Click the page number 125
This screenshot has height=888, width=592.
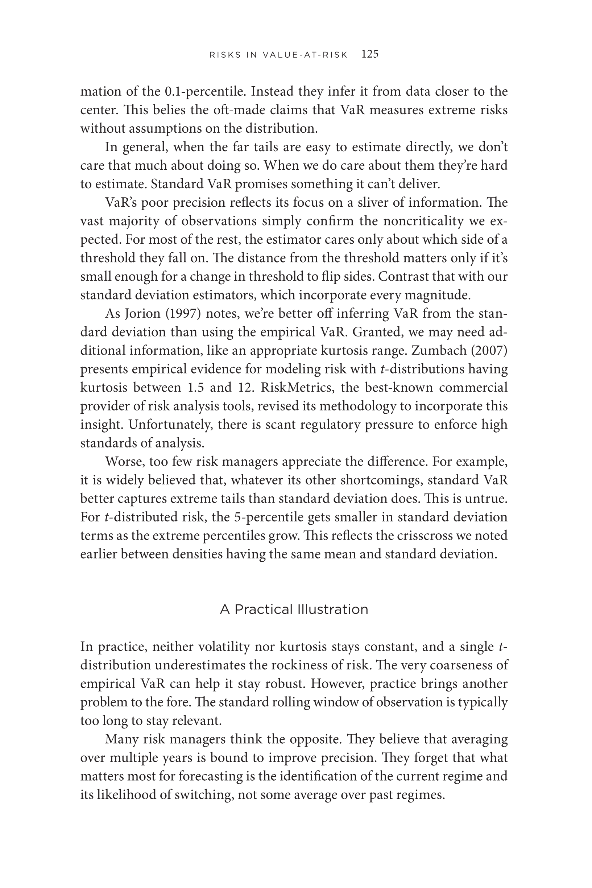(x=370, y=54)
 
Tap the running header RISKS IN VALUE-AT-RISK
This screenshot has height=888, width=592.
(x=278, y=55)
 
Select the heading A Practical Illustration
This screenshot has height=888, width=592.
(x=294, y=610)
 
